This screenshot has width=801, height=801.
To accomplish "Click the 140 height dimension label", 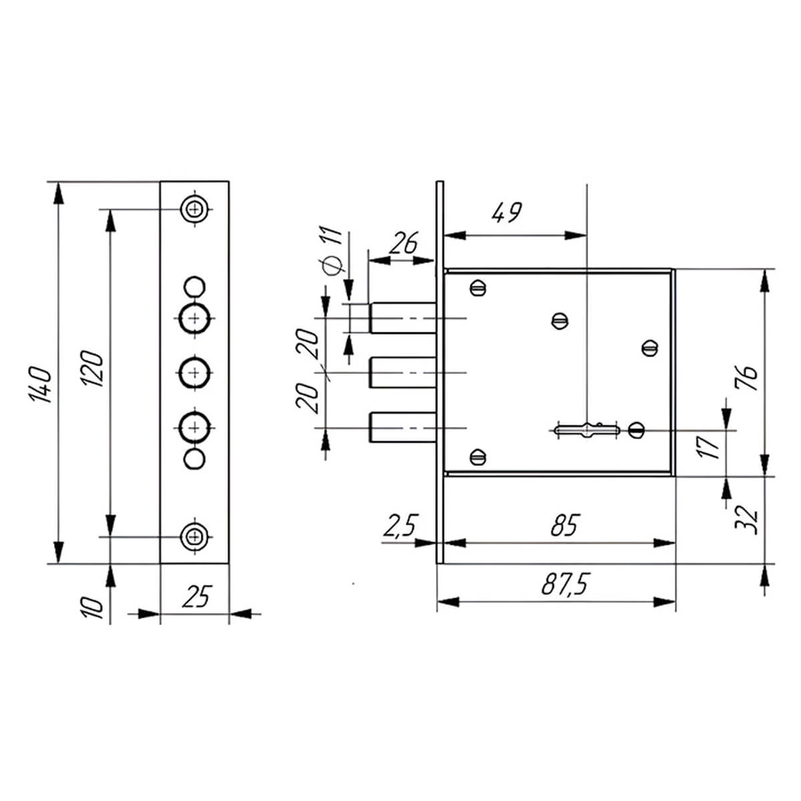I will pyautogui.click(x=41, y=384).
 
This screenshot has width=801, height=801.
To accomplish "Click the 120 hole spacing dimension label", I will pyautogui.click(x=94, y=368).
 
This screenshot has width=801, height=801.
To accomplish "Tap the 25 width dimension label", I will pyautogui.click(x=195, y=596).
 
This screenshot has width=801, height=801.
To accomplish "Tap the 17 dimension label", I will pyautogui.click(x=712, y=445).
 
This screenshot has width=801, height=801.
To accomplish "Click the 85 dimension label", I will pyautogui.click(x=564, y=526).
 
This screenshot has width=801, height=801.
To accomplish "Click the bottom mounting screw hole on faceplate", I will pyautogui.click(x=194, y=535).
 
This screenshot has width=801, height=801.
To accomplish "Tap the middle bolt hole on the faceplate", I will pyautogui.click(x=194, y=372).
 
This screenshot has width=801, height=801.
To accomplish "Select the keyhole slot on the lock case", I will pyautogui.click(x=586, y=431).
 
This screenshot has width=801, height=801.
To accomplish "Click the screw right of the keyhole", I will pyautogui.click(x=636, y=430).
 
